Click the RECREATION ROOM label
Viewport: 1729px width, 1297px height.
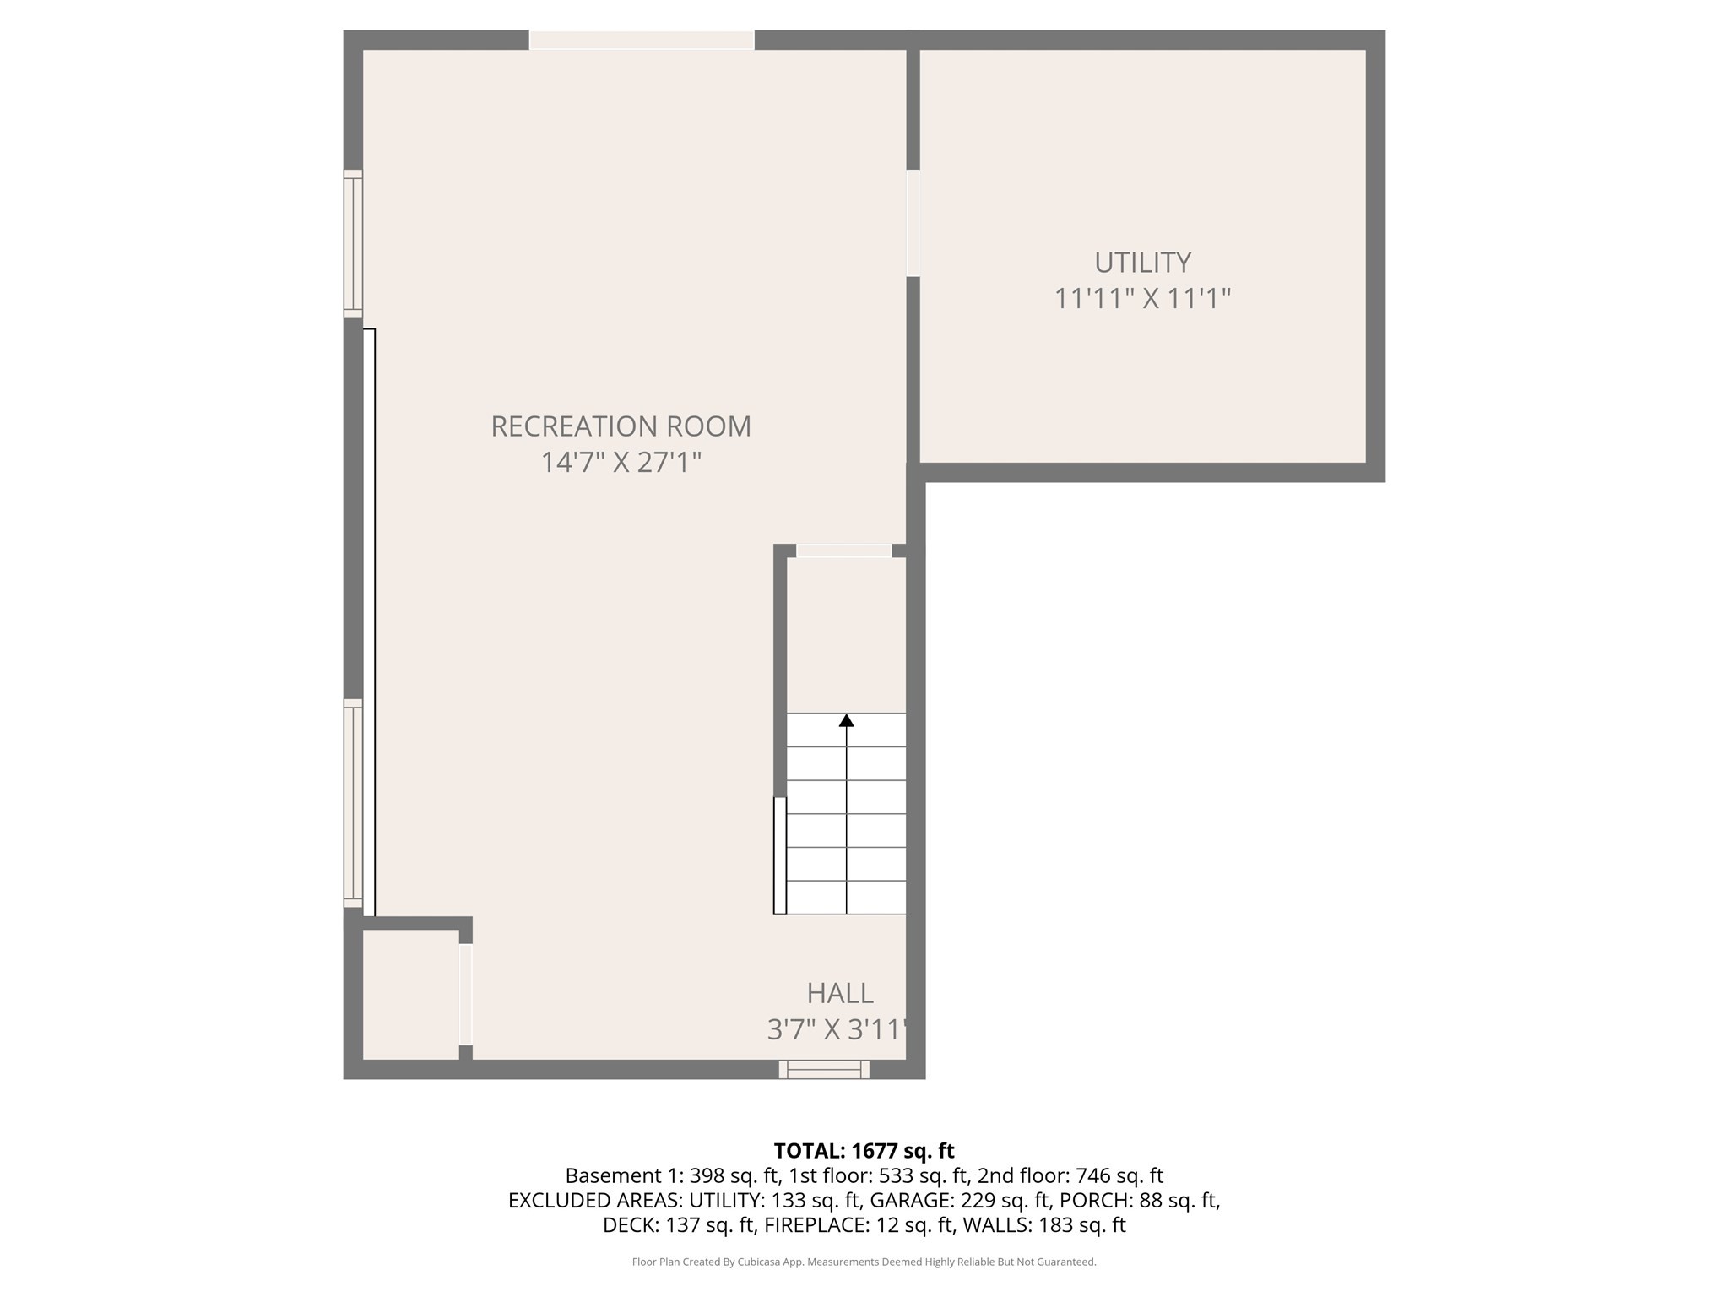(621, 426)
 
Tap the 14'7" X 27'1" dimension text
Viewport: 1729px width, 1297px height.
(621, 463)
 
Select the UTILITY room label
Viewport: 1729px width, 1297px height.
(1142, 263)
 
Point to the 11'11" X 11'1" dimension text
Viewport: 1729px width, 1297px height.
(1142, 299)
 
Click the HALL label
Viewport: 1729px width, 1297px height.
(840, 993)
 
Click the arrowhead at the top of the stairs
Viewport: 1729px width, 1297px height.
(846, 720)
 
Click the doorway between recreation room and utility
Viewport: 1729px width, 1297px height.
(913, 224)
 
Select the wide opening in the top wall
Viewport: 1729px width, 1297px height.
(642, 40)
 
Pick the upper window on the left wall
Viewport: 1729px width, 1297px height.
(353, 244)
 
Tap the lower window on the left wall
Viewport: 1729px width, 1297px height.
(353, 803)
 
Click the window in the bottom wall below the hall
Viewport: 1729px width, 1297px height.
(824, 1070)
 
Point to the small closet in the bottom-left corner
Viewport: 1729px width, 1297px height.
(411, 995)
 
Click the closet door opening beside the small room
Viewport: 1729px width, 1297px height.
(465, 995)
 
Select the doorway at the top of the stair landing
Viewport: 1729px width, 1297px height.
(844, 551)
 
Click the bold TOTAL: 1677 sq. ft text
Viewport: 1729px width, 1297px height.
(864, 1151)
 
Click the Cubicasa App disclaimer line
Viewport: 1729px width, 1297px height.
(864, 1262)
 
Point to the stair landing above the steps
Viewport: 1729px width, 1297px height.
(846, 636)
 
